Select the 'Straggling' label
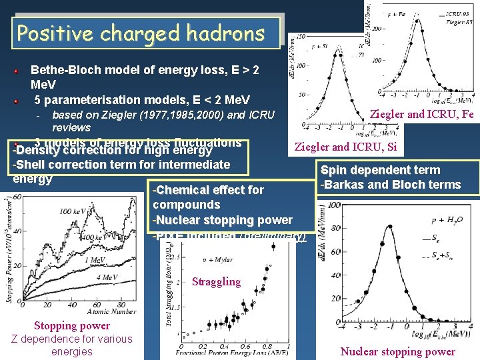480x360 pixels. (x=216, y=281)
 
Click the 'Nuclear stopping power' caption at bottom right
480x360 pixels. (x=397, y=351)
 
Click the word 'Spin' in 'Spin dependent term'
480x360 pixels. (x=336, y=169)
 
